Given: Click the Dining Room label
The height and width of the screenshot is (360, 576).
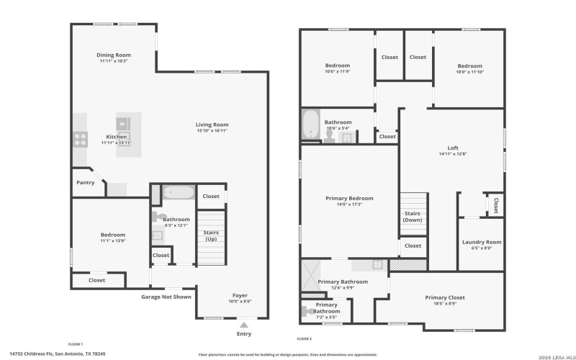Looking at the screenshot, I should click(114, 55).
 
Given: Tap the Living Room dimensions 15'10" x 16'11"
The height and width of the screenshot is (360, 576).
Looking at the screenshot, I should click(212, 130).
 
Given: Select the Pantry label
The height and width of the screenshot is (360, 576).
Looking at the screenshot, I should click(85, 182).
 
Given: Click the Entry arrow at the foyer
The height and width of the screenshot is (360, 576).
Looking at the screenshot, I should click(244, 324).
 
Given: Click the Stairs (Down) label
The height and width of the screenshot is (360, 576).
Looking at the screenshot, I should click(413, 216).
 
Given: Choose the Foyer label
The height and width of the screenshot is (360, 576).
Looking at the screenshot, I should click(239, 295).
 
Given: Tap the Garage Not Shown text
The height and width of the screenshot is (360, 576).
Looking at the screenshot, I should click(166, 296).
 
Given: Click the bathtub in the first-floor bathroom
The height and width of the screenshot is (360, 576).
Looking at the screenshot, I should click(178, 193).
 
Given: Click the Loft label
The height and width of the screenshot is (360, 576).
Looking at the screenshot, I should click(453, 148).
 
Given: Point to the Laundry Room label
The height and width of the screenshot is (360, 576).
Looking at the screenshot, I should click(481, 242).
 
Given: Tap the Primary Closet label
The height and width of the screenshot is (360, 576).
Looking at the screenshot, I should click(444, 297).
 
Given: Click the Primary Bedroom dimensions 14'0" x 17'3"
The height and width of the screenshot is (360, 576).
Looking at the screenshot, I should click(349, 204).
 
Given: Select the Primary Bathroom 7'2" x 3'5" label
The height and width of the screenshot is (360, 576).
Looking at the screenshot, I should click(326, 313).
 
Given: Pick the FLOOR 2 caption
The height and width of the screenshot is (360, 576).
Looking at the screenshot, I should click(305, 338).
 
